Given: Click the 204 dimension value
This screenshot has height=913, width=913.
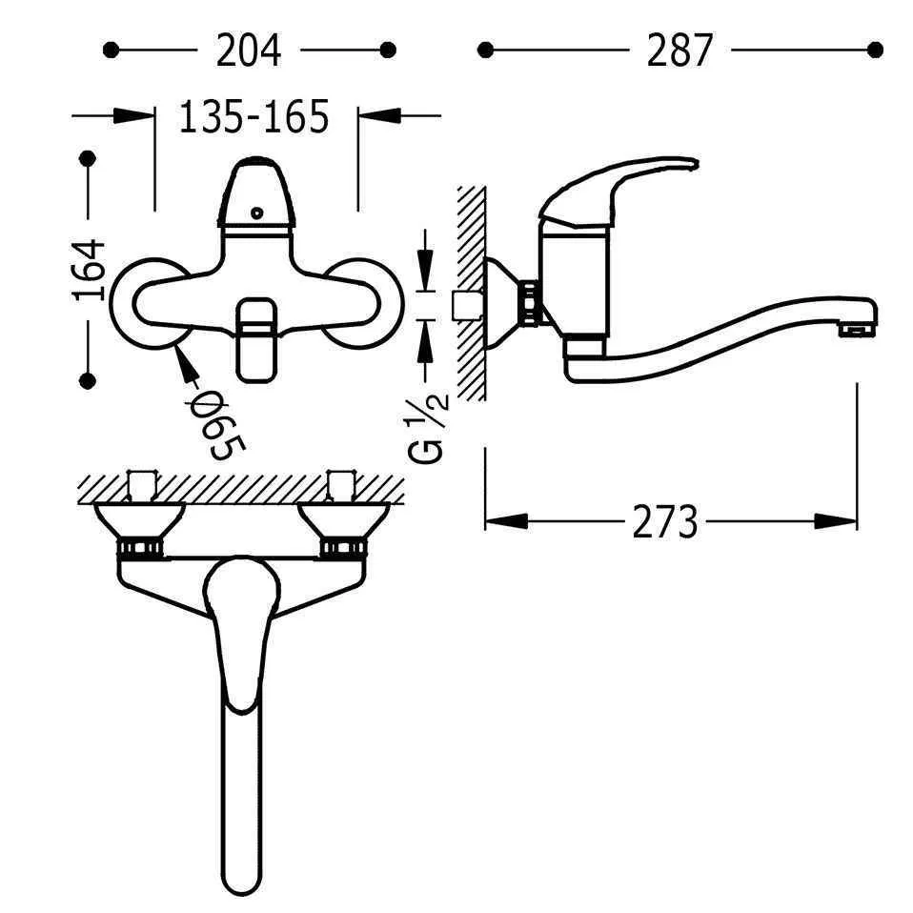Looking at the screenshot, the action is point(249,51).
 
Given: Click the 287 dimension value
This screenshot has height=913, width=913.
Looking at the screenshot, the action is point(680,51).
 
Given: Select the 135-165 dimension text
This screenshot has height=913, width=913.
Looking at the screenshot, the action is point(254,117).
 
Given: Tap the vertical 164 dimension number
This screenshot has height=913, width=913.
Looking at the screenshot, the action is point(89,269).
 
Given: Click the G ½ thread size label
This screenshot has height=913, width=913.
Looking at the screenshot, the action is point(429,429).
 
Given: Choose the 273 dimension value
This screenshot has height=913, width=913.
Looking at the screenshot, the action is point(664,522).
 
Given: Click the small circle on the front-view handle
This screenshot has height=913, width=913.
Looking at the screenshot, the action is point(256,213).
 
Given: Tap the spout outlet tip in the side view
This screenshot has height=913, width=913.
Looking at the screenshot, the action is point(857,330).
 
